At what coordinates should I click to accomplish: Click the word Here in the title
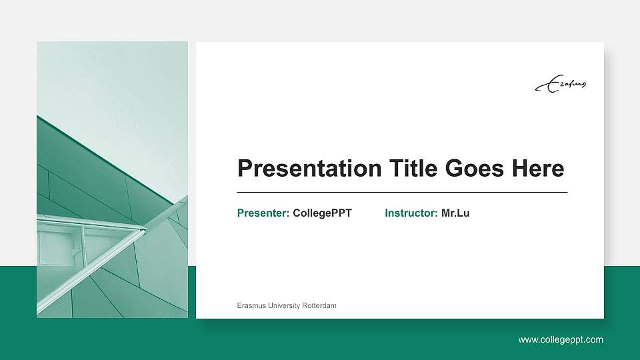pos(538,169)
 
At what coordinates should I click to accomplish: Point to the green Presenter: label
pos(263,213)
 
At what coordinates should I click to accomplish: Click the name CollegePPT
pos(322,213)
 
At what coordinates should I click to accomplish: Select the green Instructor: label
pos(411,213)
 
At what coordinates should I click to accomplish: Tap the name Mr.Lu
pos(455,213)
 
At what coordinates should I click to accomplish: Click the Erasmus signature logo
pos(561,84)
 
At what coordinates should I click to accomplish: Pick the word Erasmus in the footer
pos(251,305)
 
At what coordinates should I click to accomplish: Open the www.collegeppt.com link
pos(561,340)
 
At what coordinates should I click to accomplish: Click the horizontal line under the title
pos(402,192)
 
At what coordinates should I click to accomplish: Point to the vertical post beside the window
pos(83,243)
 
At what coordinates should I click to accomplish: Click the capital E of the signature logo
pos(545,86)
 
